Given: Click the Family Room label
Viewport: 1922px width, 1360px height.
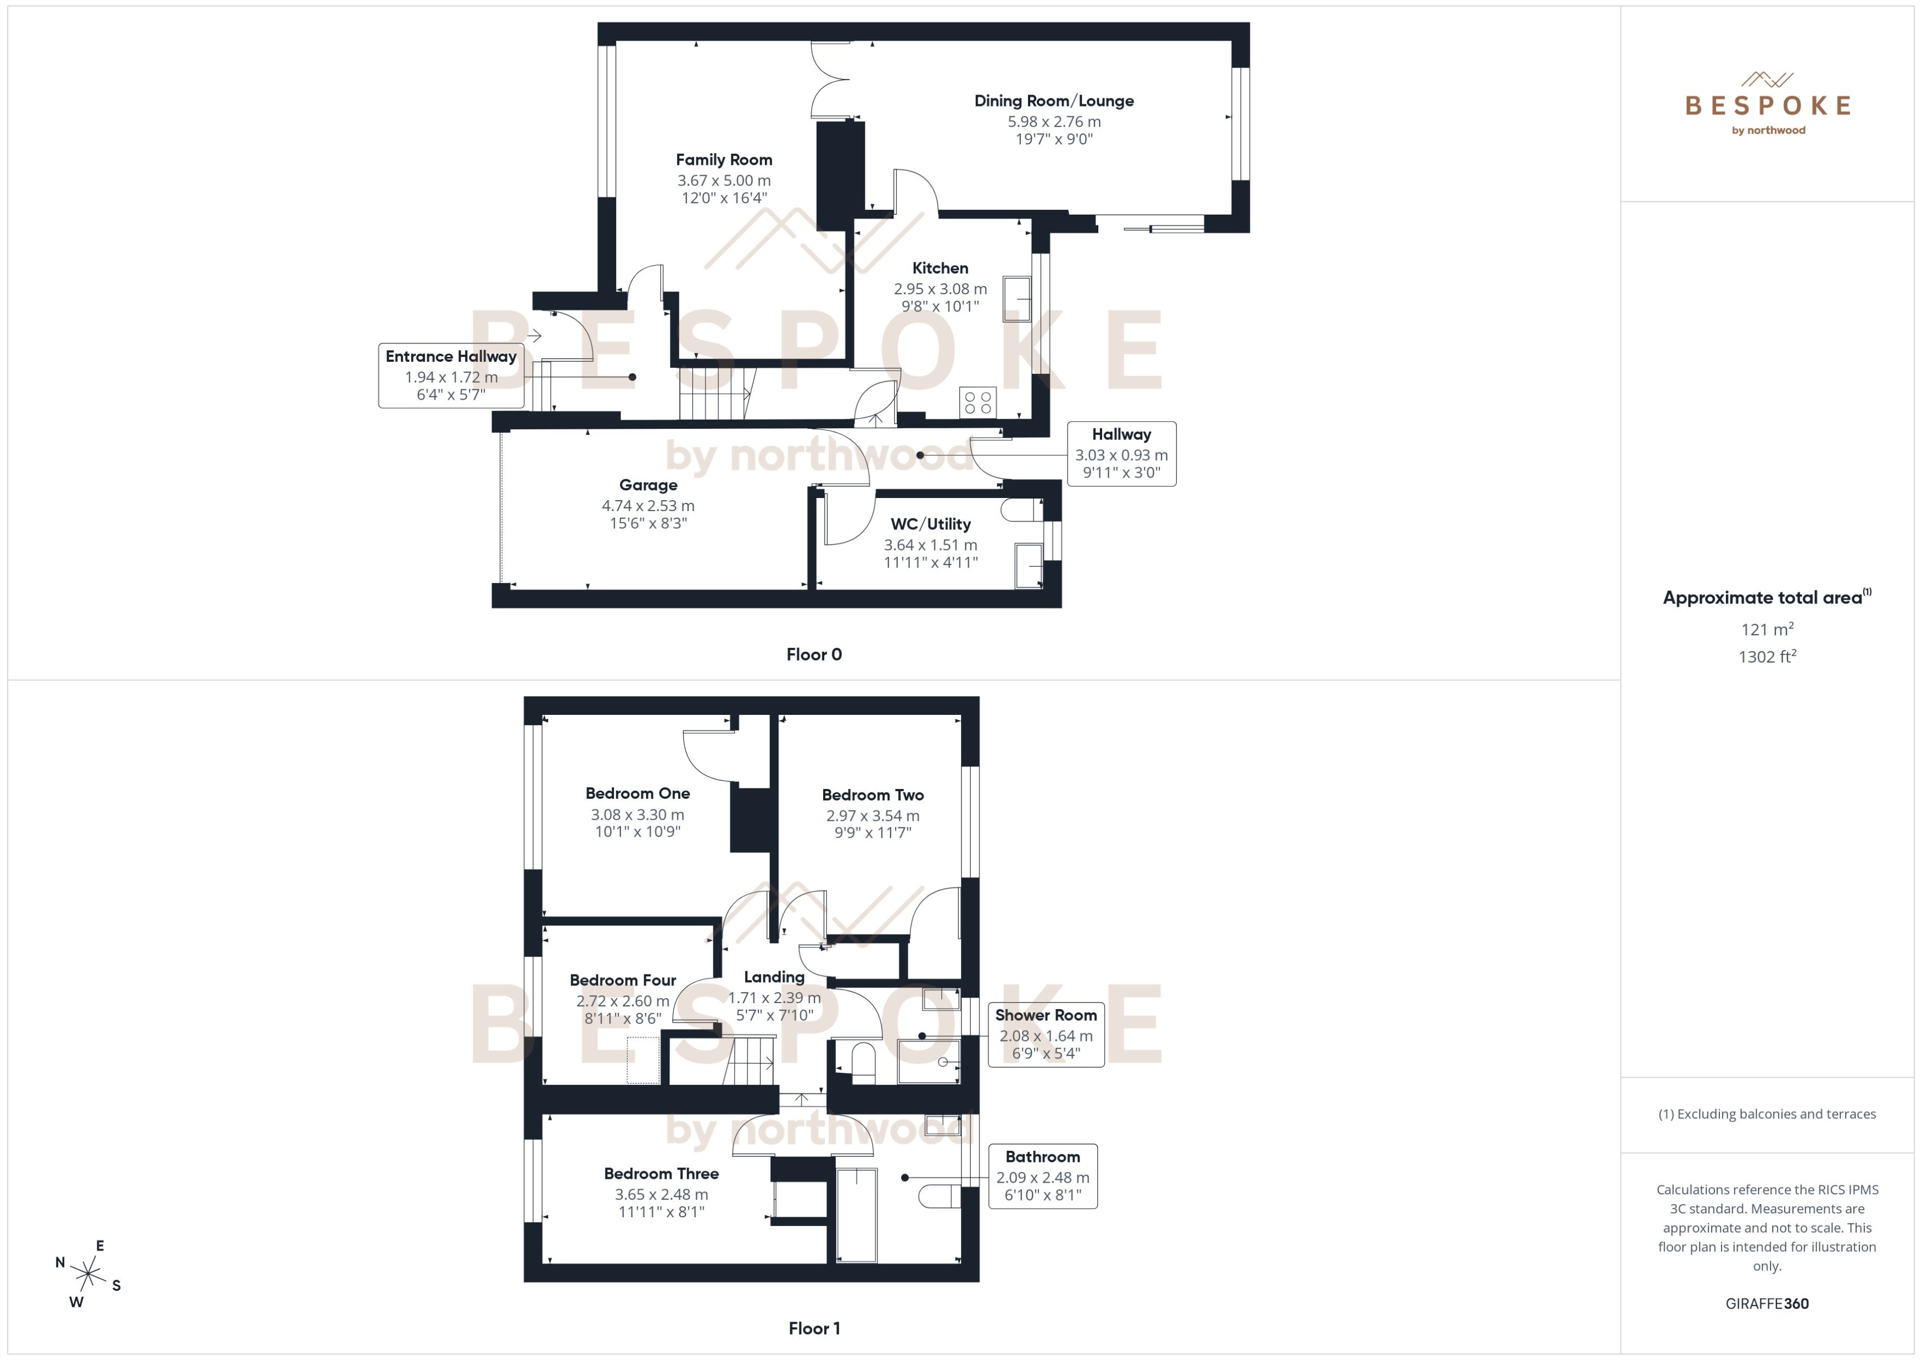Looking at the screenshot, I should coord(724,160).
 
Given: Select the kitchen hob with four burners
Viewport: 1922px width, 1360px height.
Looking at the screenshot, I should coord(978,402).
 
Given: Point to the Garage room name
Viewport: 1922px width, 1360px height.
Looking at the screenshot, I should coord(648,485).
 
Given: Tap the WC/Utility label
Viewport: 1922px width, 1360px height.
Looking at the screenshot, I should coord(930,524).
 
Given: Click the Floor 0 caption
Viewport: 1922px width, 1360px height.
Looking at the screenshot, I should coord(813,655).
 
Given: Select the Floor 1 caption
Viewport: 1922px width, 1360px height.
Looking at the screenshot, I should coord(813,1328).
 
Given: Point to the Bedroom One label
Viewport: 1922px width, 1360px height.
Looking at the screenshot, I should coord(638,793).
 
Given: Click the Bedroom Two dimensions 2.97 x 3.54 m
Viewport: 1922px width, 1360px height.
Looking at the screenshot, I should coord(873,816).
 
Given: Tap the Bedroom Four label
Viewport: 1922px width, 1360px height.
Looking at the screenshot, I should coord(622,980).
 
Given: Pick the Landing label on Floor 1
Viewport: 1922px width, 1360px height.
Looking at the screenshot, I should coord(774,977).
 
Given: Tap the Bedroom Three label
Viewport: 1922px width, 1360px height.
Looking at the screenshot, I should coord(661,1174).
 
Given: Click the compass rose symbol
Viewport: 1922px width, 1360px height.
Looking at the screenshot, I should coord(88,1274).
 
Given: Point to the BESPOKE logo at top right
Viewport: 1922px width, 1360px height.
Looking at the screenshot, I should coord(1767,105).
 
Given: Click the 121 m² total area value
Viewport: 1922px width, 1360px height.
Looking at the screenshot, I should coord(1767,629).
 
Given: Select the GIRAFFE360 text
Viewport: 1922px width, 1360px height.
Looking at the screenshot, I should coord(1767,1304).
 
